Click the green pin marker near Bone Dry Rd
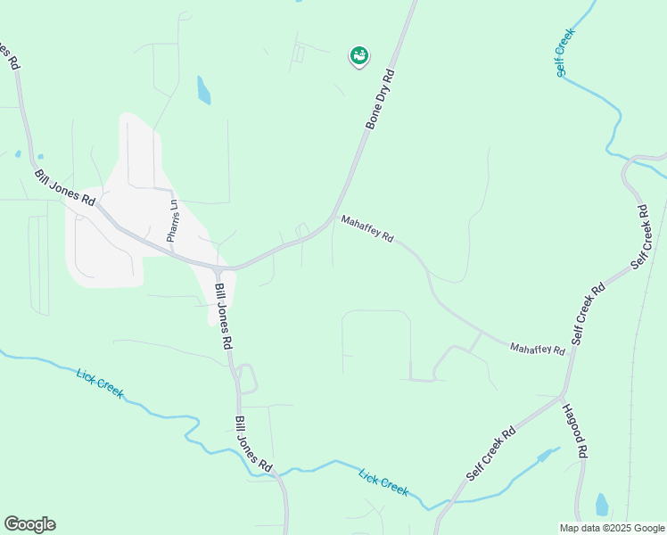coord(359,56)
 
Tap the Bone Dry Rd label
coord(378,98)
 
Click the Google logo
coord(29,524)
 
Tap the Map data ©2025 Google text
coord(611,527)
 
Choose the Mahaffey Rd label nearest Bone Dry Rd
coord(366,228)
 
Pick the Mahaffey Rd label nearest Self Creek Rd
coord(537,350)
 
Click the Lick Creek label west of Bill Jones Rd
coord(100,383)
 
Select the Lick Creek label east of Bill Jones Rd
coord(383,482)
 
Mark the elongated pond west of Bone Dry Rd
coord(204,90)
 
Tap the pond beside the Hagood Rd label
coord(602,505)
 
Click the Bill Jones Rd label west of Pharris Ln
coord(64,187)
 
